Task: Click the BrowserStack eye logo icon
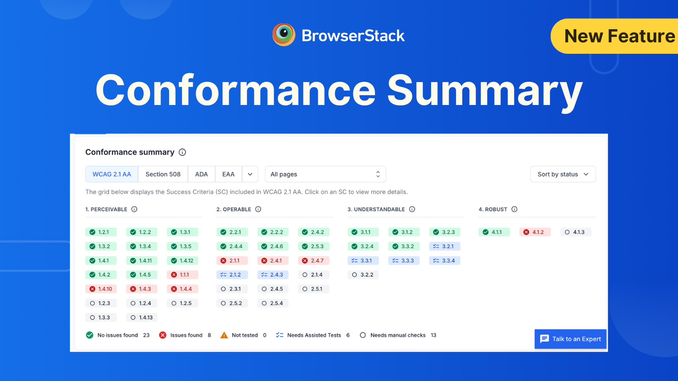pos(283,35)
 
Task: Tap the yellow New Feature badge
pos(617,36)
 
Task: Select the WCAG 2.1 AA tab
pos(112,174)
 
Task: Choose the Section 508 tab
pos(163,174)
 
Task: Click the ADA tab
pos(201,174)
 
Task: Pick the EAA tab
pos(228,174)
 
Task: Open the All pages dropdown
pos(325,174)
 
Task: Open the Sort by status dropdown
pos(563,174)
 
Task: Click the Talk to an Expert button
pos(570,339)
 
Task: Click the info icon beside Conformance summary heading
pos(182,152)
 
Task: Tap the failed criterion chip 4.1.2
pos(535,232)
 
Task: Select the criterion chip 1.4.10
pos(101,289)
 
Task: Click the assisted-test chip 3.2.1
pos(444,246)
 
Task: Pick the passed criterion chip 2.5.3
pos(314,246)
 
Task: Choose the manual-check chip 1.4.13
pos(142,317)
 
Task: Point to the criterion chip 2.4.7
pos(314,260)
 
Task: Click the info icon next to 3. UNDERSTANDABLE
pos(412,209)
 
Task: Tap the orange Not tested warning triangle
pos(224,335)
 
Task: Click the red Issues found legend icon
pos(163,335)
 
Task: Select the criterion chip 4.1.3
pos(575,232)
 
